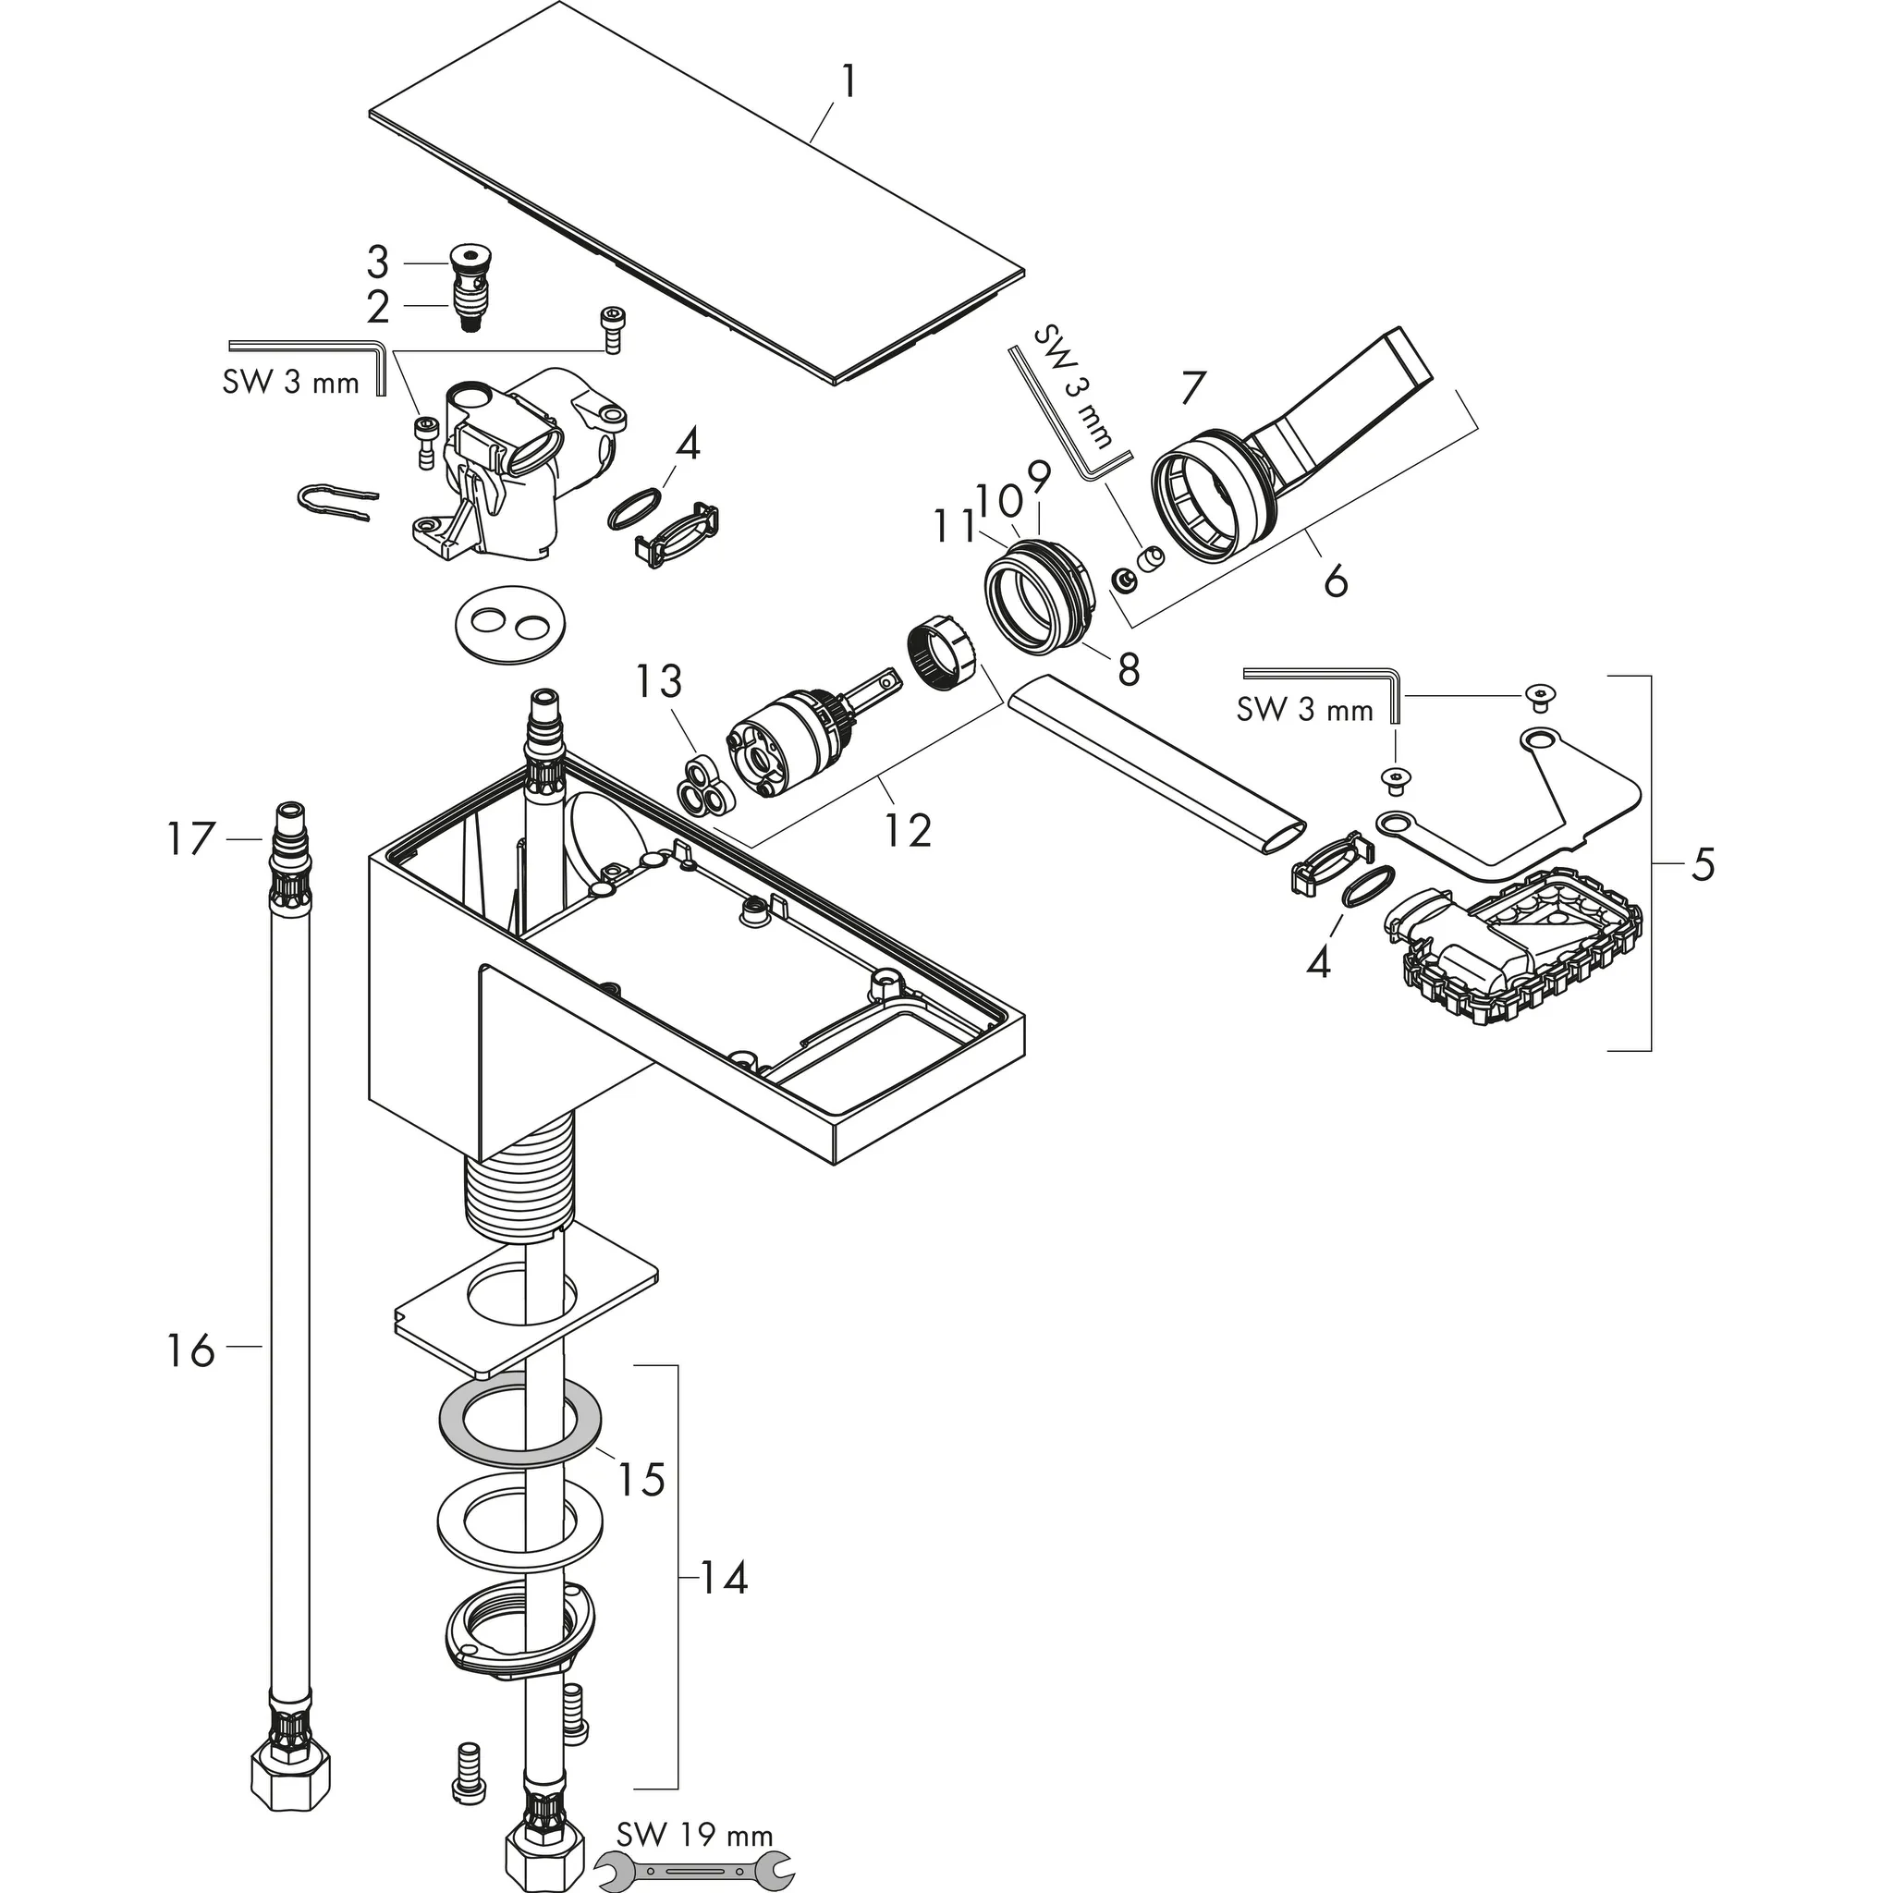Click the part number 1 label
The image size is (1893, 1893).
tap(849, 82)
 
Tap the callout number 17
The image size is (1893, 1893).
tap(189, 838)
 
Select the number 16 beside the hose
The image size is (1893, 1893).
tap(189, 1351)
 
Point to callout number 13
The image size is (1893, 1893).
tap(658, 680)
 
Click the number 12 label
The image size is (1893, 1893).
tap(908, 830)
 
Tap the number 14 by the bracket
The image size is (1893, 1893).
tap(723, 1605)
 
